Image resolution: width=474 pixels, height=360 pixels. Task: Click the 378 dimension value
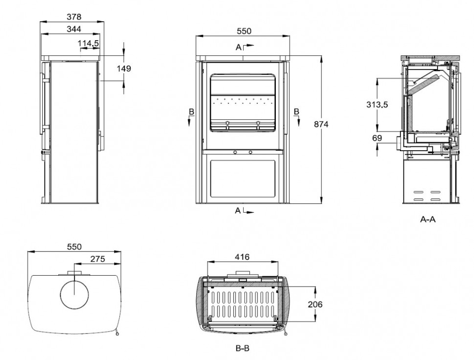pos(74,17)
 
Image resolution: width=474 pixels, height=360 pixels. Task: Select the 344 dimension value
pos(74,29)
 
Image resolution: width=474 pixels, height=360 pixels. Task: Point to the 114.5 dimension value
pos(88,44)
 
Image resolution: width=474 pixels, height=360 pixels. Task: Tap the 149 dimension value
pos(124,69)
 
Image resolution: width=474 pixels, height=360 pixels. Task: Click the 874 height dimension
pos(321,124)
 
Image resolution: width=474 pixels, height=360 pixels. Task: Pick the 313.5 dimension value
pos(377,105)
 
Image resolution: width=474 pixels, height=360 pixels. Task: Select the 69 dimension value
pos(377,138)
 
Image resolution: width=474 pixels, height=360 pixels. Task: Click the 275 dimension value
pos(98,259)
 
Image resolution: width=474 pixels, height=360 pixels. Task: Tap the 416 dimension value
pos(242,257)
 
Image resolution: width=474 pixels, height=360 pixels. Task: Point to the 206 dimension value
pos(315,305)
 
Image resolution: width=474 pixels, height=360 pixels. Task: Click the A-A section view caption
pos(428,219)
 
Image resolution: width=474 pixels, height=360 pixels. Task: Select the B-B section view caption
pos(242,348)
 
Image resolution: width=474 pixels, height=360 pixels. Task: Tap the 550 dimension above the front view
pos(244,31)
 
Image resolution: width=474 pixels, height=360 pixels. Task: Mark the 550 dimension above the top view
pos(74,247)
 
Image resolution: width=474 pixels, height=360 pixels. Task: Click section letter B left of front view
pos(191,112)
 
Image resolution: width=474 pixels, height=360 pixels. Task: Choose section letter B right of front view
pos(297,111)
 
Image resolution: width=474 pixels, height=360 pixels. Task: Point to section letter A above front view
pos(238,47)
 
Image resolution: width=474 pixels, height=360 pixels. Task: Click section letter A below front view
pos(238,210)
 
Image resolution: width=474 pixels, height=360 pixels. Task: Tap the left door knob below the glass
pos(235,152)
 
